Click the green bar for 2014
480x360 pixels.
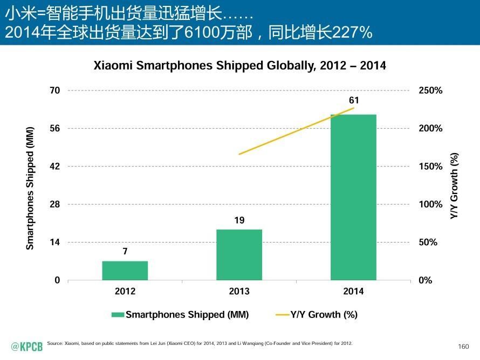353,197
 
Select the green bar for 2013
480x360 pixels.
239,255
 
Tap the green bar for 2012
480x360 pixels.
125,271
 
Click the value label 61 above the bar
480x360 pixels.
353,100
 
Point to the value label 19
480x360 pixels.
239,220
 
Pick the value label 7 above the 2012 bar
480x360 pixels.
125,251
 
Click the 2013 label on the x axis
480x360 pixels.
239,292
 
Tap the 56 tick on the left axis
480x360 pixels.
54,128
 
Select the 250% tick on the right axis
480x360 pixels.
430,91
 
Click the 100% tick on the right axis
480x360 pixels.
430,205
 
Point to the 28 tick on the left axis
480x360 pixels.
54,205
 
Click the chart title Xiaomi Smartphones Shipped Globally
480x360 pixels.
240,66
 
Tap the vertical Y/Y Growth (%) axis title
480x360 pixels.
454,186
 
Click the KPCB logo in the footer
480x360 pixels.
27,346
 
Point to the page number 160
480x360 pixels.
463,346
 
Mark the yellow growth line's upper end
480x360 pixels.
353,108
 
